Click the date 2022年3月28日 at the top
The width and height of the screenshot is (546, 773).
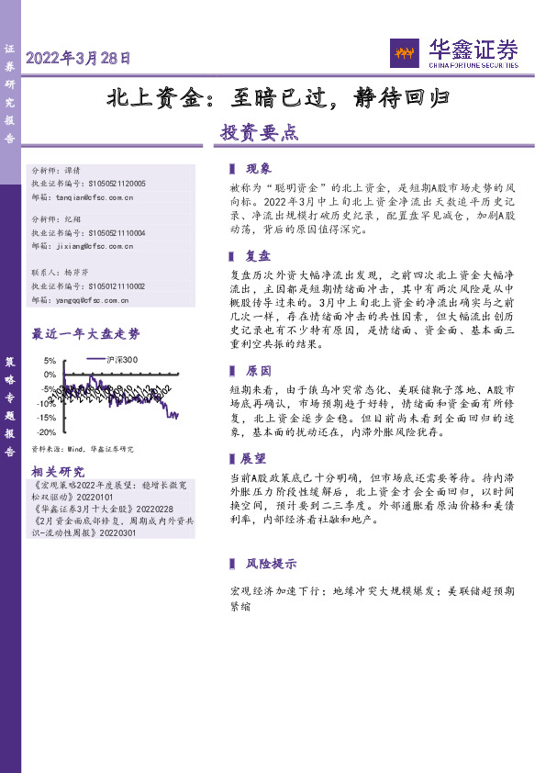tap(78, 57)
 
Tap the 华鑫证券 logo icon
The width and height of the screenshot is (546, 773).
tap(405, 52)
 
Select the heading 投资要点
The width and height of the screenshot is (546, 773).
tap(259, 131)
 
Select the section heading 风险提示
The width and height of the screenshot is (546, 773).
tap(271, 563)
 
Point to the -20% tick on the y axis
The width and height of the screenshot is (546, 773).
tap(46, 432)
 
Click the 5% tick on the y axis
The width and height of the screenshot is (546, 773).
tap(49, 361)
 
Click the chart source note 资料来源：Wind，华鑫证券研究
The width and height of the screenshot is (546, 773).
tap(83, 449)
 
